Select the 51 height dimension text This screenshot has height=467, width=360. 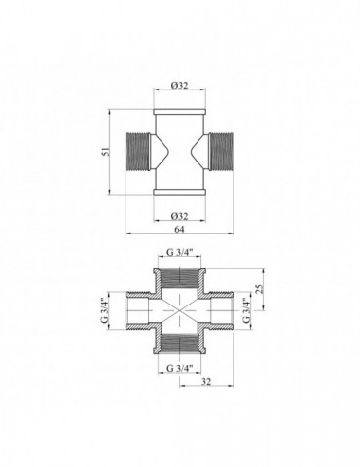106,153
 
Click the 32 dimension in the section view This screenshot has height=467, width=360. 205,381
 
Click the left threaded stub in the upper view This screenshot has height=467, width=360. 141,153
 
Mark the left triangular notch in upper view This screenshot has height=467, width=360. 162,153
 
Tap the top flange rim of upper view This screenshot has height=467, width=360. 179,105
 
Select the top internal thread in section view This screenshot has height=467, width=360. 179,277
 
